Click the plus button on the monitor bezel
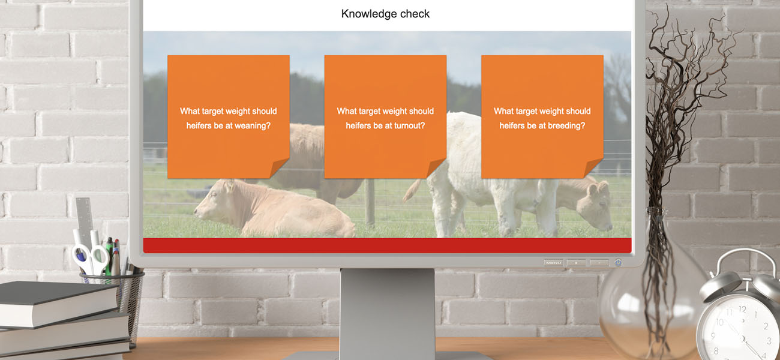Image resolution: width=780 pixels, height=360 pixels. (x=577, y=263)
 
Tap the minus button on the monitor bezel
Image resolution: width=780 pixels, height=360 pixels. (x=599, y=263)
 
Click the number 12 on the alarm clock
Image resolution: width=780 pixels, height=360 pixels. (x=742, y=310)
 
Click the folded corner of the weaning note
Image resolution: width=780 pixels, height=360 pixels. (x=280, y=169)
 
